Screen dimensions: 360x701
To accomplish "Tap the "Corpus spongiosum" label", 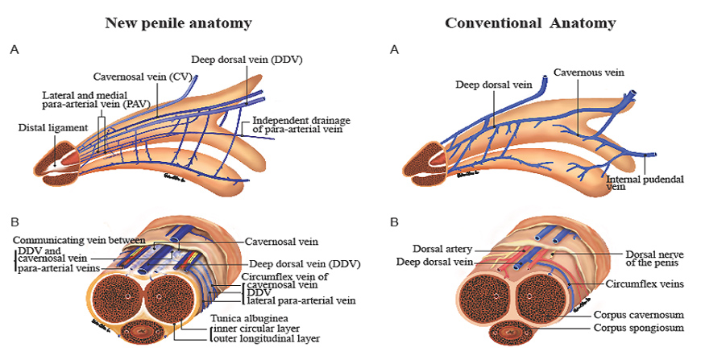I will point(638,328).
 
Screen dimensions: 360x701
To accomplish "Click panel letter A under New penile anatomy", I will point(14,50).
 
